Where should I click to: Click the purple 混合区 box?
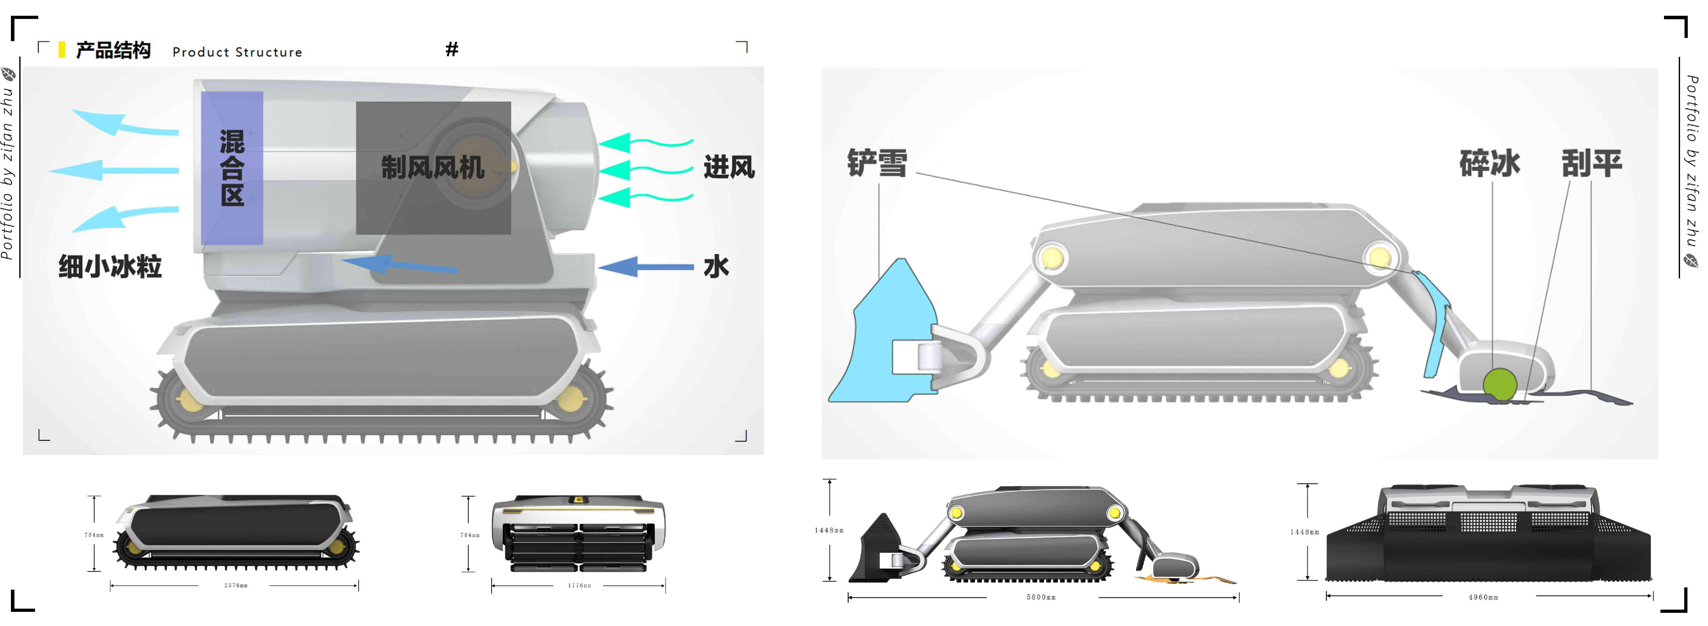232,168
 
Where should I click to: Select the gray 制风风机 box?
433,168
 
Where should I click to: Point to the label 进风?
729,167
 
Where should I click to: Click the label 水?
716,267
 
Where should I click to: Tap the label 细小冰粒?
110,267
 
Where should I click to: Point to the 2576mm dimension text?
235,586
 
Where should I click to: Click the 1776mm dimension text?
579,586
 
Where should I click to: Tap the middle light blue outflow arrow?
113,170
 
